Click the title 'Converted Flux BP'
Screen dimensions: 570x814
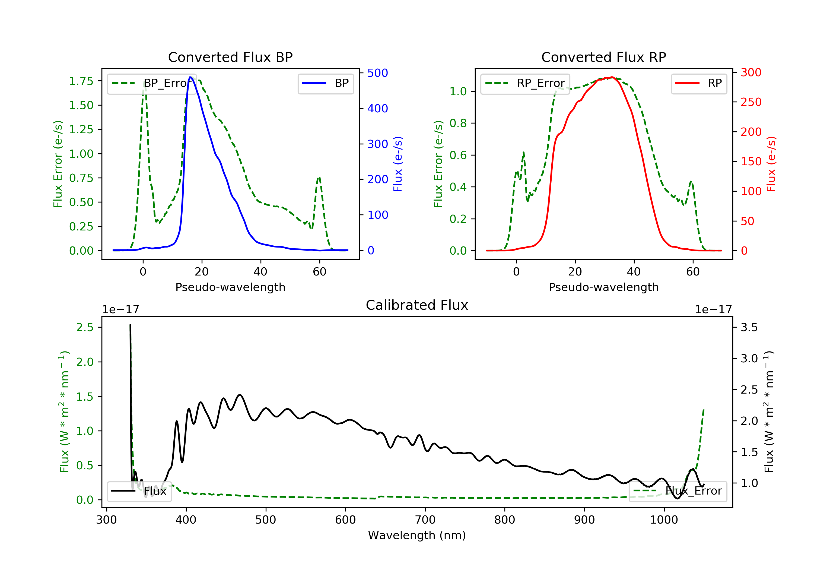(230, 57)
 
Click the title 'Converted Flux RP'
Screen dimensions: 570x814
(603, 57)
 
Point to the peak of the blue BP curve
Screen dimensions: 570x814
(190, 77)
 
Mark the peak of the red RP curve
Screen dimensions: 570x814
(612, 77)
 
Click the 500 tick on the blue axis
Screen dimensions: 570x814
(378, 73)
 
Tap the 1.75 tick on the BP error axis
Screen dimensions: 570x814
(81, 81)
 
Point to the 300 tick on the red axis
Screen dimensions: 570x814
(751, 73)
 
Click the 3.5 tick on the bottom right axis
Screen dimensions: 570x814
(749, 327)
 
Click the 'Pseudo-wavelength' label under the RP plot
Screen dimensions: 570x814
(603, 287)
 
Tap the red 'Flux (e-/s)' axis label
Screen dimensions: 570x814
(771, 164)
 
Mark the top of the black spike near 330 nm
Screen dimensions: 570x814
(130, 325)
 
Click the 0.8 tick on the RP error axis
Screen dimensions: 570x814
(458, 123)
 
